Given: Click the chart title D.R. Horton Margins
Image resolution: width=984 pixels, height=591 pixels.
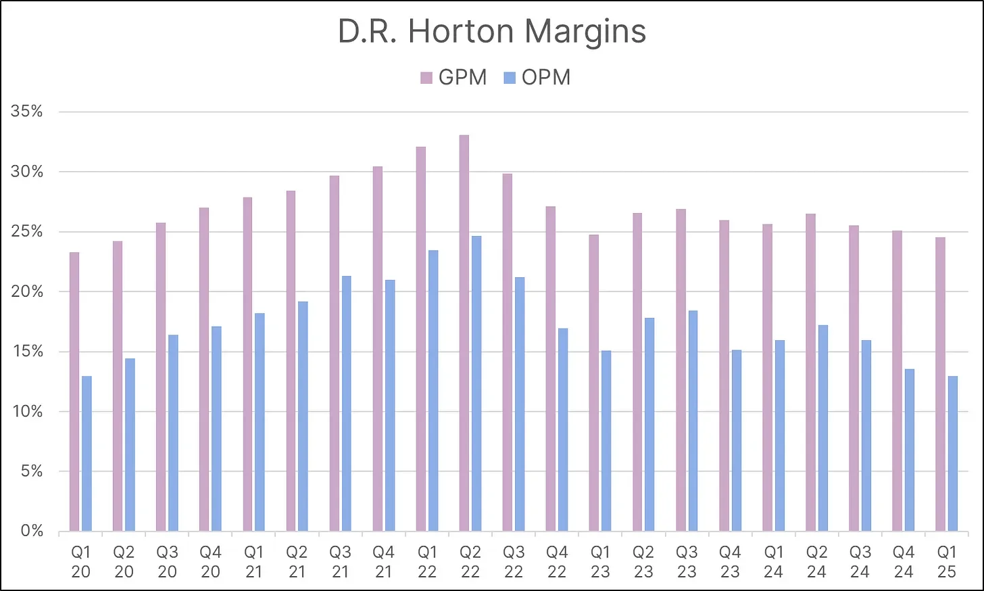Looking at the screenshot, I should (x=491, y=32).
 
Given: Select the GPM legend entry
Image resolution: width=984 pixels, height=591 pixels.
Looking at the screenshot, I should (x=453, y=77).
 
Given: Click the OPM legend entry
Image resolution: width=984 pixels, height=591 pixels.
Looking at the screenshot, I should (x=537, y=77).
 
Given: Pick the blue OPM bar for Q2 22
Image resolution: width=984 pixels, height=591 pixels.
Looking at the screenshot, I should (x=476, y=383).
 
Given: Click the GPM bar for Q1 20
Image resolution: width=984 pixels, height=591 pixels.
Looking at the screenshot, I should (x=74, y=392).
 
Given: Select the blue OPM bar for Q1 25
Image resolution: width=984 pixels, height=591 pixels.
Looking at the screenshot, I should (x=953, y=453).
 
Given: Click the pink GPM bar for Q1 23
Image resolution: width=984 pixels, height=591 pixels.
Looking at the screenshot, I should (x=594, y=383).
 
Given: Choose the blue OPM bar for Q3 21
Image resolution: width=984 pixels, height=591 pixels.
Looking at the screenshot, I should (x=347, y=403).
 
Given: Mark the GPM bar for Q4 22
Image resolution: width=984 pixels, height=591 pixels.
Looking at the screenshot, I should (x=551, y=369).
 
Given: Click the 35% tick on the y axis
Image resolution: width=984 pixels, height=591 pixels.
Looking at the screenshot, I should (x=26, y=112).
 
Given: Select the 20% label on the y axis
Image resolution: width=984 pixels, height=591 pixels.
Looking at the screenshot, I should (x=26, y=291).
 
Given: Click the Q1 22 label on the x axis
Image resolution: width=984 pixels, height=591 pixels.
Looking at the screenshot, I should (x=427, y=562).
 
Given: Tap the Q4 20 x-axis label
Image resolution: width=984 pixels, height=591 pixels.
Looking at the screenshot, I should (x=211, y=562).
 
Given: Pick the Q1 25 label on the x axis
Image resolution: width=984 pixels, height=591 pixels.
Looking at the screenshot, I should (x=946, y=562).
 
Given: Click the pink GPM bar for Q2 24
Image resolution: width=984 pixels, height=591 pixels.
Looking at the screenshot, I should (x=810, y=372).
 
